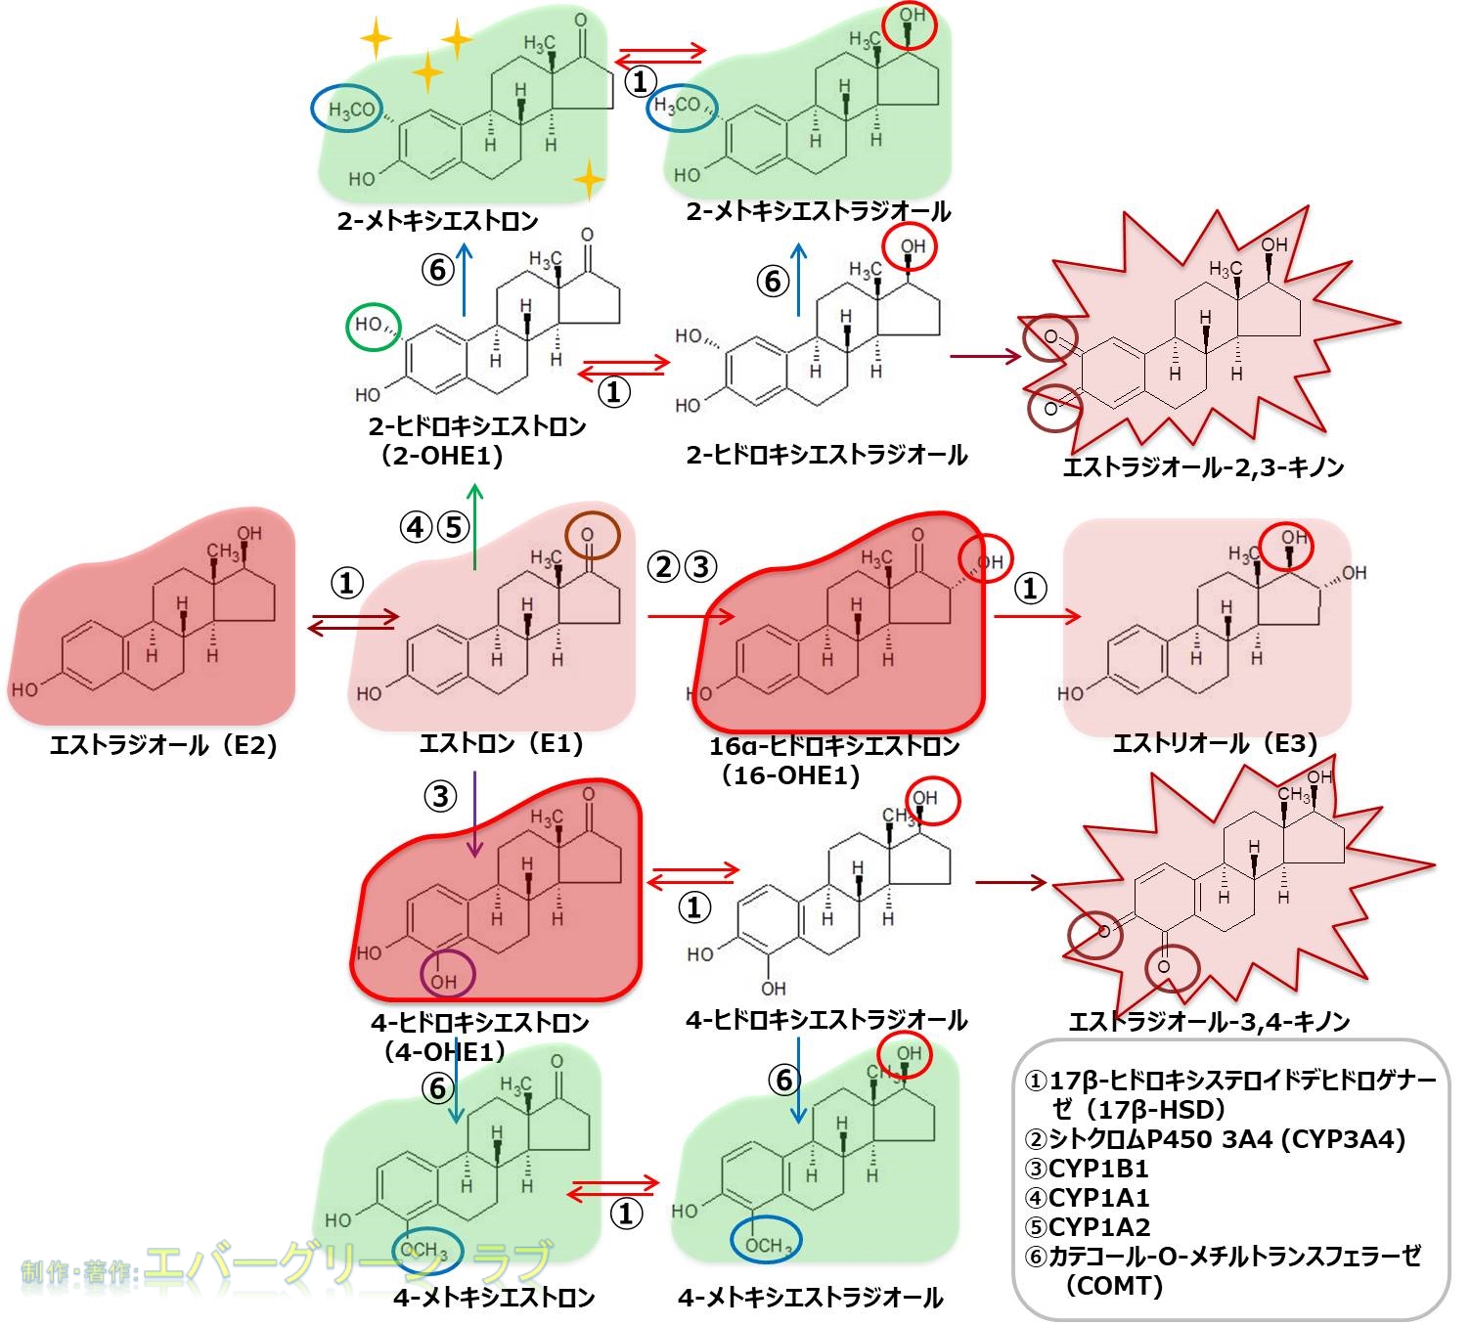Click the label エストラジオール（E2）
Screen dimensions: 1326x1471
click(163, 746)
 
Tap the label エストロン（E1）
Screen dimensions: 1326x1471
click(501, 744)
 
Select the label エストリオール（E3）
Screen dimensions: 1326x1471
click(1215, 744)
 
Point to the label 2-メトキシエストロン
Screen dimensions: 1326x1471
click(437, 221)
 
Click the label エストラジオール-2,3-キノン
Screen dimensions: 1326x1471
click(1203, 467)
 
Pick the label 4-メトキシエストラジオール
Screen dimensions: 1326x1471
click(810, 1298)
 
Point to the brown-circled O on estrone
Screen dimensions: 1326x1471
click(591, 534)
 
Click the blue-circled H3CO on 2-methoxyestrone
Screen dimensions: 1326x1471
click(349, 110)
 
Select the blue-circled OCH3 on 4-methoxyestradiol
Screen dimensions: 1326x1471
click(767, 1240)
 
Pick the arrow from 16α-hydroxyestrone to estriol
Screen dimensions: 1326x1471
click(1037, 616)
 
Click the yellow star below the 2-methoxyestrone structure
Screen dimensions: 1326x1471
click(589, 180)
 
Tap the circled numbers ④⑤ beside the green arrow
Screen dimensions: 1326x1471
click(434, 528)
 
